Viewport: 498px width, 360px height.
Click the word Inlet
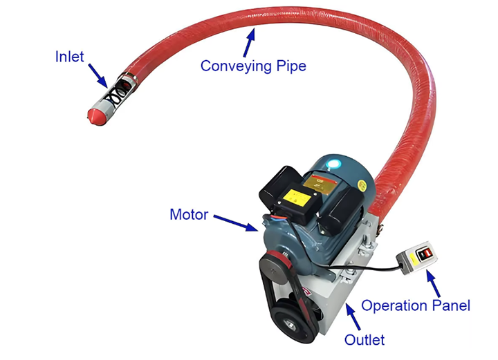[69, 56]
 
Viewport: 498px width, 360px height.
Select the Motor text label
[188, 215]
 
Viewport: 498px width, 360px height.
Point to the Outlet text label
[365, 339]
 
